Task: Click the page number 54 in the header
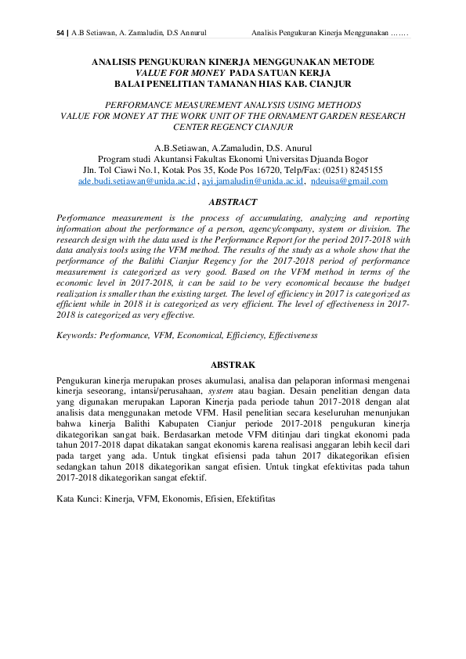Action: (61, 34)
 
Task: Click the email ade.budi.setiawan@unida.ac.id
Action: (137, 181)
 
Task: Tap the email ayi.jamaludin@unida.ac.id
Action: (251, 181)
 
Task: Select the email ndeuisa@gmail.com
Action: (349, 181)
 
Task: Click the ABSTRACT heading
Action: (233, 202)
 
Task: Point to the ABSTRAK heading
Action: (233, 364)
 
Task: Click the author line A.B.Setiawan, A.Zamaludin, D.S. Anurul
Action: (233, 146)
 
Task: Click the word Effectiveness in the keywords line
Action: (293, 334)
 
